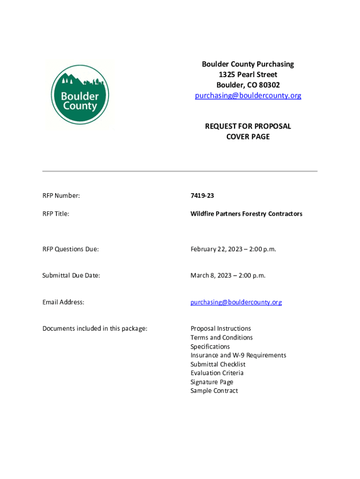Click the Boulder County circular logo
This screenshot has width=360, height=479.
[x=80, y=95]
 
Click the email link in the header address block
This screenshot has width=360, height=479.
[x=248, y=95]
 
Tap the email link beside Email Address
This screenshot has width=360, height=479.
[x=236, y=302]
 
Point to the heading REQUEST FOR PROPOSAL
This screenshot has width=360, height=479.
[x=248, y=126]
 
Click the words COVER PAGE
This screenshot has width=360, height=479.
[x=248, y=137]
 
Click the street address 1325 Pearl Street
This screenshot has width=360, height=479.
[x=248, y=75]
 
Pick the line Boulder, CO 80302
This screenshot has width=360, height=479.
[x=248, y=85]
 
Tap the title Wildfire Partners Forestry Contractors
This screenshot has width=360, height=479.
[x=246, y=214]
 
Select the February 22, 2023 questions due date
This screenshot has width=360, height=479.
[x=233, y=249]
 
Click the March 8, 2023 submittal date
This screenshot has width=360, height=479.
[x=228, y=276]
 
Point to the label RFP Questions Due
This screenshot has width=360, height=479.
[x=71, y=249]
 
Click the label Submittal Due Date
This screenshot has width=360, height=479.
[x=71, y=276]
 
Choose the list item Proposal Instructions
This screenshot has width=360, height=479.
[x=221, y=328]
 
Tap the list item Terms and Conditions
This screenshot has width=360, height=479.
[x=222, y=337]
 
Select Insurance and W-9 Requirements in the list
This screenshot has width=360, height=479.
[x=238, y=355]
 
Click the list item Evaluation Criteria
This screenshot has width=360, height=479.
[x=217, y=373]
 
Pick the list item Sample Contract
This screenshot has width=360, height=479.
[x=214, y=391]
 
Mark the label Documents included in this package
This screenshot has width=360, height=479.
[x=95, y=328]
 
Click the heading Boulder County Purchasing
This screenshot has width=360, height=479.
[x=248, y=64]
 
